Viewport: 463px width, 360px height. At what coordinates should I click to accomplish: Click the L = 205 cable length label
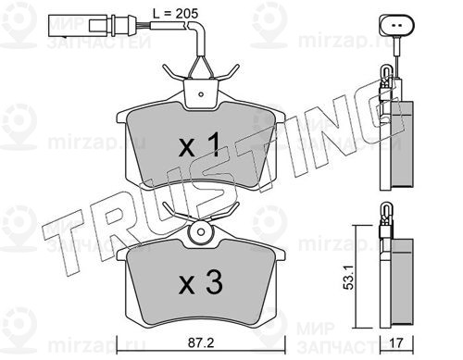(175, 14)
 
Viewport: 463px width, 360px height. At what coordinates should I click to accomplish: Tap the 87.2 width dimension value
(201, 342)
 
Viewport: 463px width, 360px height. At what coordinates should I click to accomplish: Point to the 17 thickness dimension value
(397, 343)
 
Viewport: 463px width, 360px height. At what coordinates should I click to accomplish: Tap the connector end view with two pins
(396, 26)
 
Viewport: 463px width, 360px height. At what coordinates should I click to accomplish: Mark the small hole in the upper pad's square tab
(201, 94)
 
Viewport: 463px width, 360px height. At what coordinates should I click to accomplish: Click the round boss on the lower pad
(201, 232)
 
